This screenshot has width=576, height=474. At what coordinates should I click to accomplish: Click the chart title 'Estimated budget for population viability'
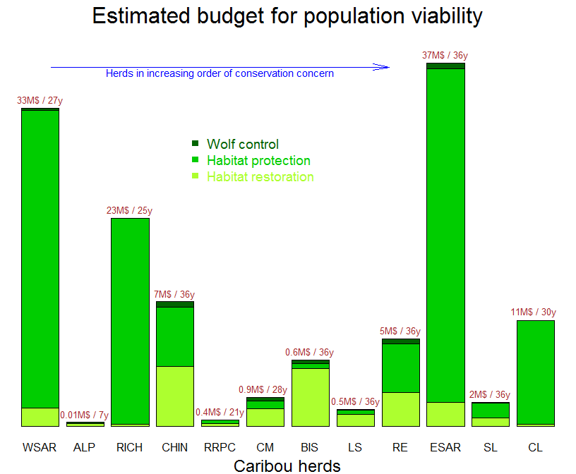(287, 16)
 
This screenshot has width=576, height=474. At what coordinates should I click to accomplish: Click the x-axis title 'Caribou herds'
(287, 466)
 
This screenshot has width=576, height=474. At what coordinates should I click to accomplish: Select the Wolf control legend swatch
(196, 144)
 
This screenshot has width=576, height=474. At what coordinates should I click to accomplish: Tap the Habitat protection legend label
(258, 161)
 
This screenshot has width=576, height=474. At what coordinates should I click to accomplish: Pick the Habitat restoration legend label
(260, 177)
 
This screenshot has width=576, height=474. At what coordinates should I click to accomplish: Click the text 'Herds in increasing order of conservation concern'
(220, 73)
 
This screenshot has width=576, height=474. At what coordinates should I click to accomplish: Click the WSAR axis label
(40, 447)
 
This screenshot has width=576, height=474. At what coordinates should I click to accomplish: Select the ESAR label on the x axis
(445, 447)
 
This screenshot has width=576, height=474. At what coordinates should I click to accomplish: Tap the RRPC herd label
(220, 447)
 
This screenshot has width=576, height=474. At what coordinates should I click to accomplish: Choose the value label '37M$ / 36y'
(445, 55)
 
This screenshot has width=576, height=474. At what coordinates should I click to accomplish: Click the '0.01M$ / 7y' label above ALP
(84, 415)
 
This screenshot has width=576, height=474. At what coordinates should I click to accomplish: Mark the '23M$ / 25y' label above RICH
(129, 210)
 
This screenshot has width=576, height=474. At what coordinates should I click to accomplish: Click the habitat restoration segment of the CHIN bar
(175, 396)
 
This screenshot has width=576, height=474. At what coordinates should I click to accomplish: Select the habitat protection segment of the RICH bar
(130, 321)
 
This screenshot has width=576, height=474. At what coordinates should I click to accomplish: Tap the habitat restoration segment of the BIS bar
(310, 397)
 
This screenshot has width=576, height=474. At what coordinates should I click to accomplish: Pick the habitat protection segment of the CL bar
(535, 372)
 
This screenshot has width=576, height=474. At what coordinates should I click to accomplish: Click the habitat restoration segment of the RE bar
(400, 409)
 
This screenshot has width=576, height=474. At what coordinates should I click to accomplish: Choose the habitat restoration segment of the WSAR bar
(40, 417)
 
